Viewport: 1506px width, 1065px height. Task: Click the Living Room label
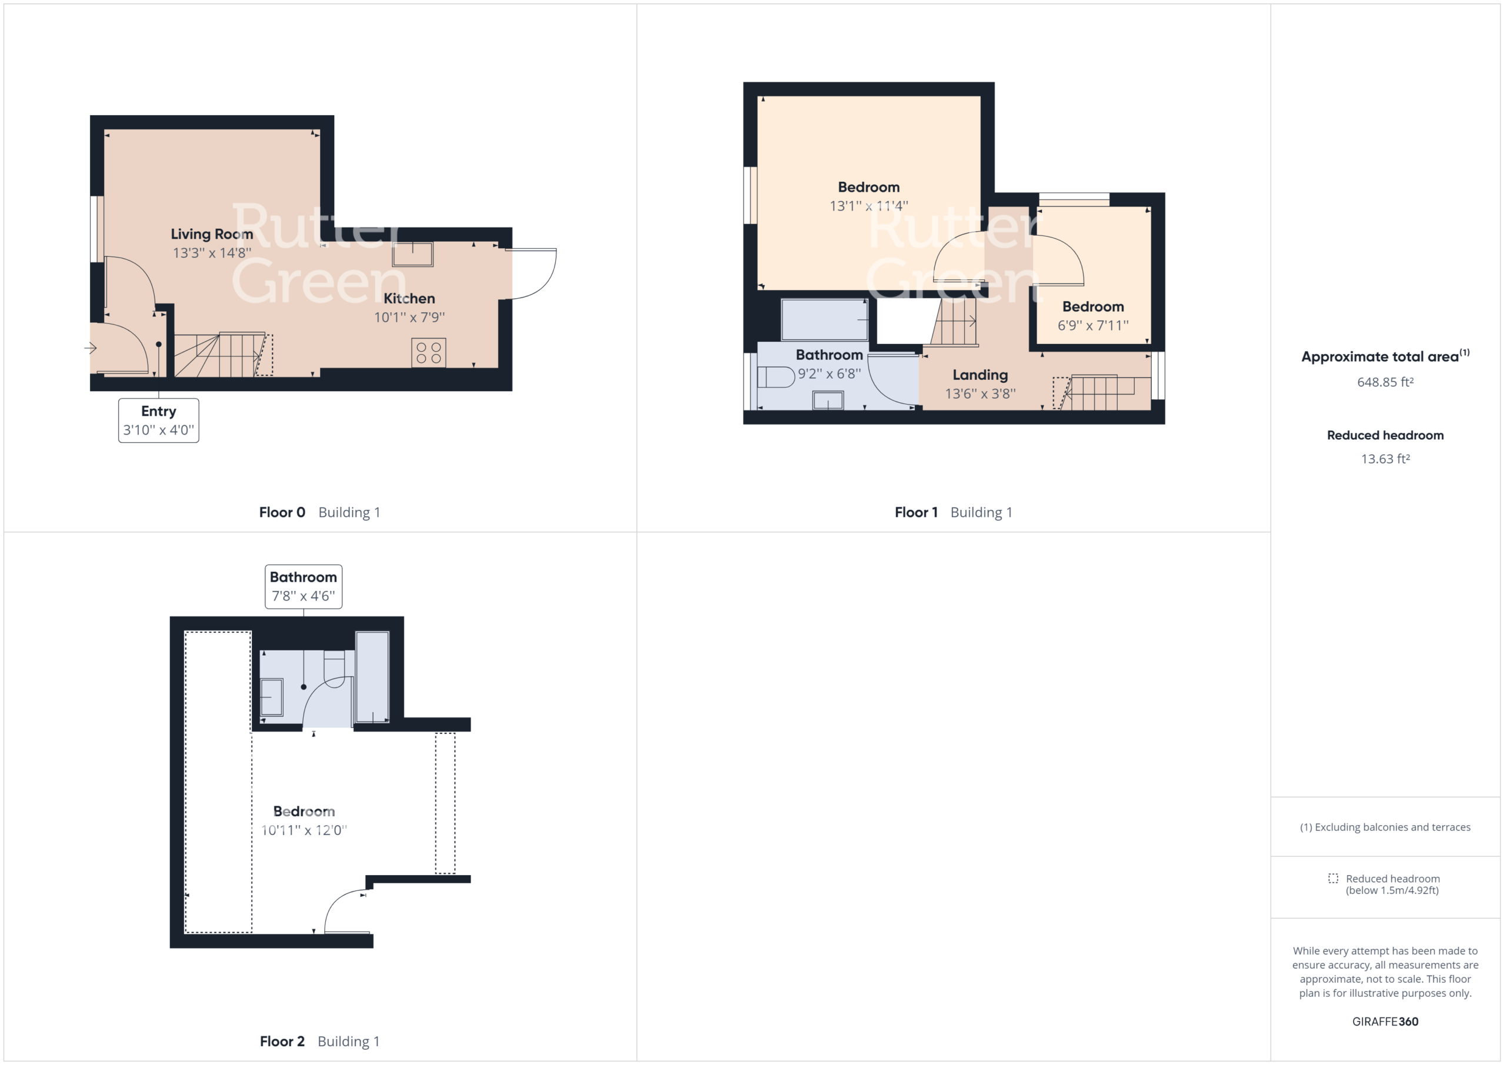click(x=212, y=234)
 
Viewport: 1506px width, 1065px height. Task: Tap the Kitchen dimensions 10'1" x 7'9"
click(x=409, y=318)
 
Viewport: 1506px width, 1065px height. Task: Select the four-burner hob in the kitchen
click(x=429, y=353)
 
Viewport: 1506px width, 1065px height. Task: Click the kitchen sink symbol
click(x=412, y=254)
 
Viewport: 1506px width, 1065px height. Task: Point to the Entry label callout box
click(x=159, y=420)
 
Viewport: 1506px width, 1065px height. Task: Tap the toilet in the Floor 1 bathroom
click(x=776, y=377)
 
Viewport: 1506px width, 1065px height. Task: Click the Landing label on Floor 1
click(x=980, y=375)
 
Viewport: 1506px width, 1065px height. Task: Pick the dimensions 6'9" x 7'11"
click(x=1093, y=325)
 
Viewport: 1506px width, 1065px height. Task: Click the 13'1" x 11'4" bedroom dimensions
click(x=868, y=206)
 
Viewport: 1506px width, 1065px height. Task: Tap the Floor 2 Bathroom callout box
click(x=304, y=586)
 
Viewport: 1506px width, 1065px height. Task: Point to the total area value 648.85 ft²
click(x=1385, y=382)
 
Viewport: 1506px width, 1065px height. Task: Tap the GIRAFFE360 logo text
click(x=1385, y=1021)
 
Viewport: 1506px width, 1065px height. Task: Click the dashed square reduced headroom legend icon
click(x=1333, y=878)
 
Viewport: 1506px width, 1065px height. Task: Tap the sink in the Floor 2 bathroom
click(x=272, y=696)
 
